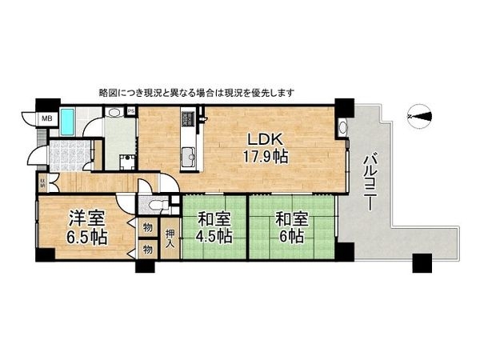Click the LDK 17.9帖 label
[265, 146]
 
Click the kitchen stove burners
[189, 119]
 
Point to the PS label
[130, 111]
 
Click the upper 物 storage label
[147, 228]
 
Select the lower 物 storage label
[147, 250]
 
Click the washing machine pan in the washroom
[126, 162]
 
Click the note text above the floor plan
[196, 93]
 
